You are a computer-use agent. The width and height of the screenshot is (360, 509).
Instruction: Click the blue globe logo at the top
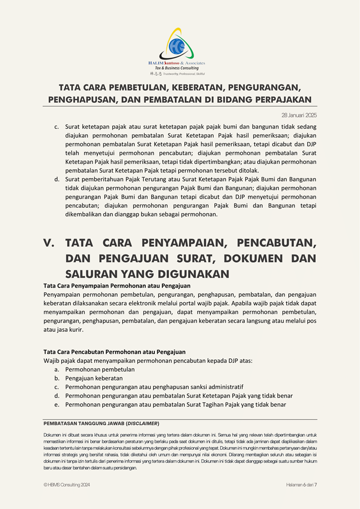point(179,46)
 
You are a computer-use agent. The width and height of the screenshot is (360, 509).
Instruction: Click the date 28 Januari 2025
point(299,115)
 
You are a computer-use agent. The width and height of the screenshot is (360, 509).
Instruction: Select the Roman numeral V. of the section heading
point(49,242)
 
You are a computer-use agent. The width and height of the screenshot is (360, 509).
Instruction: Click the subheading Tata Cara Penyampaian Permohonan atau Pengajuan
point(117,286)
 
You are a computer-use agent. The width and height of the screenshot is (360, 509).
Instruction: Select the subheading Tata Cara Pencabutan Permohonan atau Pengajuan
point(115,352)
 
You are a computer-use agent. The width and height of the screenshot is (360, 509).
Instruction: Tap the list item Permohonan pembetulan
point(100,370)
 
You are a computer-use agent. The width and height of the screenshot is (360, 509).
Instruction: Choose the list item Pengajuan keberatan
point(94,378)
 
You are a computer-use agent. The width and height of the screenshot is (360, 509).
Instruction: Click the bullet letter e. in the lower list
point(57,405)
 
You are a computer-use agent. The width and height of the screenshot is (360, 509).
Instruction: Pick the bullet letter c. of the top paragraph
point(57,126)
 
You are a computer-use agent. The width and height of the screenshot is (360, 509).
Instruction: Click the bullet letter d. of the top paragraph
point(57,179)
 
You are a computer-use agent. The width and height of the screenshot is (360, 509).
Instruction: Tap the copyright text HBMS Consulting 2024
point(69,485)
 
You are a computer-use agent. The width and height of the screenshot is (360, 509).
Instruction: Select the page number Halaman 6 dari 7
point(301,485)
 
